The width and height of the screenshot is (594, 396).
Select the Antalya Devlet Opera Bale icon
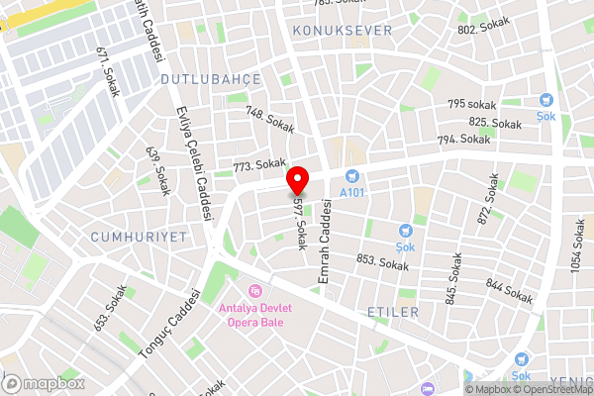pos(255,290)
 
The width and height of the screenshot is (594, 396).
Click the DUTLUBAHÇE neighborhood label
pos(210,78)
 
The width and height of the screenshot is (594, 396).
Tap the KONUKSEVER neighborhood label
pos(343,31)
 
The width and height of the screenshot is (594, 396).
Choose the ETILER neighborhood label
pos(393,312)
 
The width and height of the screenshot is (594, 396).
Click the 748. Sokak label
pos(270,121)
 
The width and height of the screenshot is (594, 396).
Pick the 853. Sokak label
pos(382,261)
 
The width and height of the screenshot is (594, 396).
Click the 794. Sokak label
pos(463,141)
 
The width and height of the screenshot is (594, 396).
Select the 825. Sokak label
pos(495,124)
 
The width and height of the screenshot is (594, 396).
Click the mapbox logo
pos(44,383)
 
